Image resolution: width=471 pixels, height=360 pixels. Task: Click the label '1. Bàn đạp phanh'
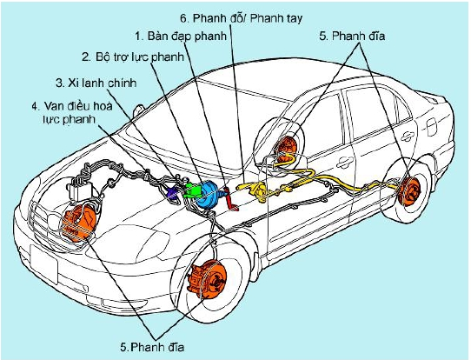(181, 36)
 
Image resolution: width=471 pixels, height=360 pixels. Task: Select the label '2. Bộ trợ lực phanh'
(133, 57)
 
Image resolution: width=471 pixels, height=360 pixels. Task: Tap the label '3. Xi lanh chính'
(96, 83)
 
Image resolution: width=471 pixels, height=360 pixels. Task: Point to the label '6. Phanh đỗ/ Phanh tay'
(242, 18)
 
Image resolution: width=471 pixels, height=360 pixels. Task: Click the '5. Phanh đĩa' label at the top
(352, 36)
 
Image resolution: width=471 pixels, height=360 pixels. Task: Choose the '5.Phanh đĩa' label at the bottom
(152, 347)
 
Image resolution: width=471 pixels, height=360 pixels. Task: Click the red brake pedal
(231, 198)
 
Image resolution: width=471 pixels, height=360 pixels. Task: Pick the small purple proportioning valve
(173, 193)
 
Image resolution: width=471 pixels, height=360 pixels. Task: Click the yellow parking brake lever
(255, 190)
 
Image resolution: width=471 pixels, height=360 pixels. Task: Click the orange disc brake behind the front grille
(78, 222)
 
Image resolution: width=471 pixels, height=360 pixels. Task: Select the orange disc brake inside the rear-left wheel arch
(286, 150)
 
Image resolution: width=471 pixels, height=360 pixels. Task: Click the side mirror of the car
(138, 110)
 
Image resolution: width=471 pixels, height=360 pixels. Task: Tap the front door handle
(345, 163)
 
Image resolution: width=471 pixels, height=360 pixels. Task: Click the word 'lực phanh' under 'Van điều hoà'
(69, 120)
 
